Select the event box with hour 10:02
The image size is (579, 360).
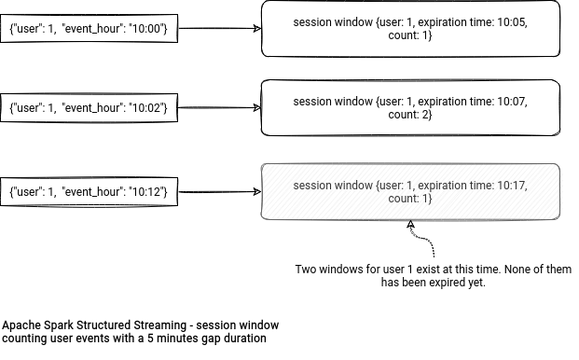click(x=88, y=108)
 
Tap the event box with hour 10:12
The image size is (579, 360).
click(x=88, y=190)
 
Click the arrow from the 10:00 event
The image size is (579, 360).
click(x=218, y=28)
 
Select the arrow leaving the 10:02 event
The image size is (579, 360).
click(x=218, y=108)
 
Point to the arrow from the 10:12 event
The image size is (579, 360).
click(x=218, y=191)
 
